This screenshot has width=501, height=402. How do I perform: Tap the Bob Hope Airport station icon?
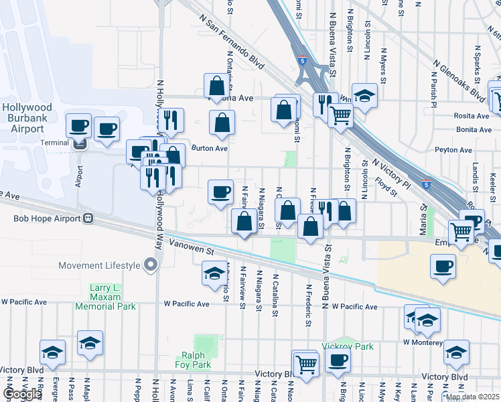(87, 218)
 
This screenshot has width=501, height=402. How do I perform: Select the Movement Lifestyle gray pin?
(151, 265)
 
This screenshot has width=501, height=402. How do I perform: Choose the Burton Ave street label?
(210, 148)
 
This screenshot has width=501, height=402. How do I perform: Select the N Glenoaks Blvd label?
(459, 78)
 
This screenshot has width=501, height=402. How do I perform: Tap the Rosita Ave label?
(473, 115)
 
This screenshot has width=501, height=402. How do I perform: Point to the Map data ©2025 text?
(472, 397)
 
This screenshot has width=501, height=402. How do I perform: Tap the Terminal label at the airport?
(54, 142)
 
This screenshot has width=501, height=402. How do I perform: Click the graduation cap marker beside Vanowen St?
(215, 273)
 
